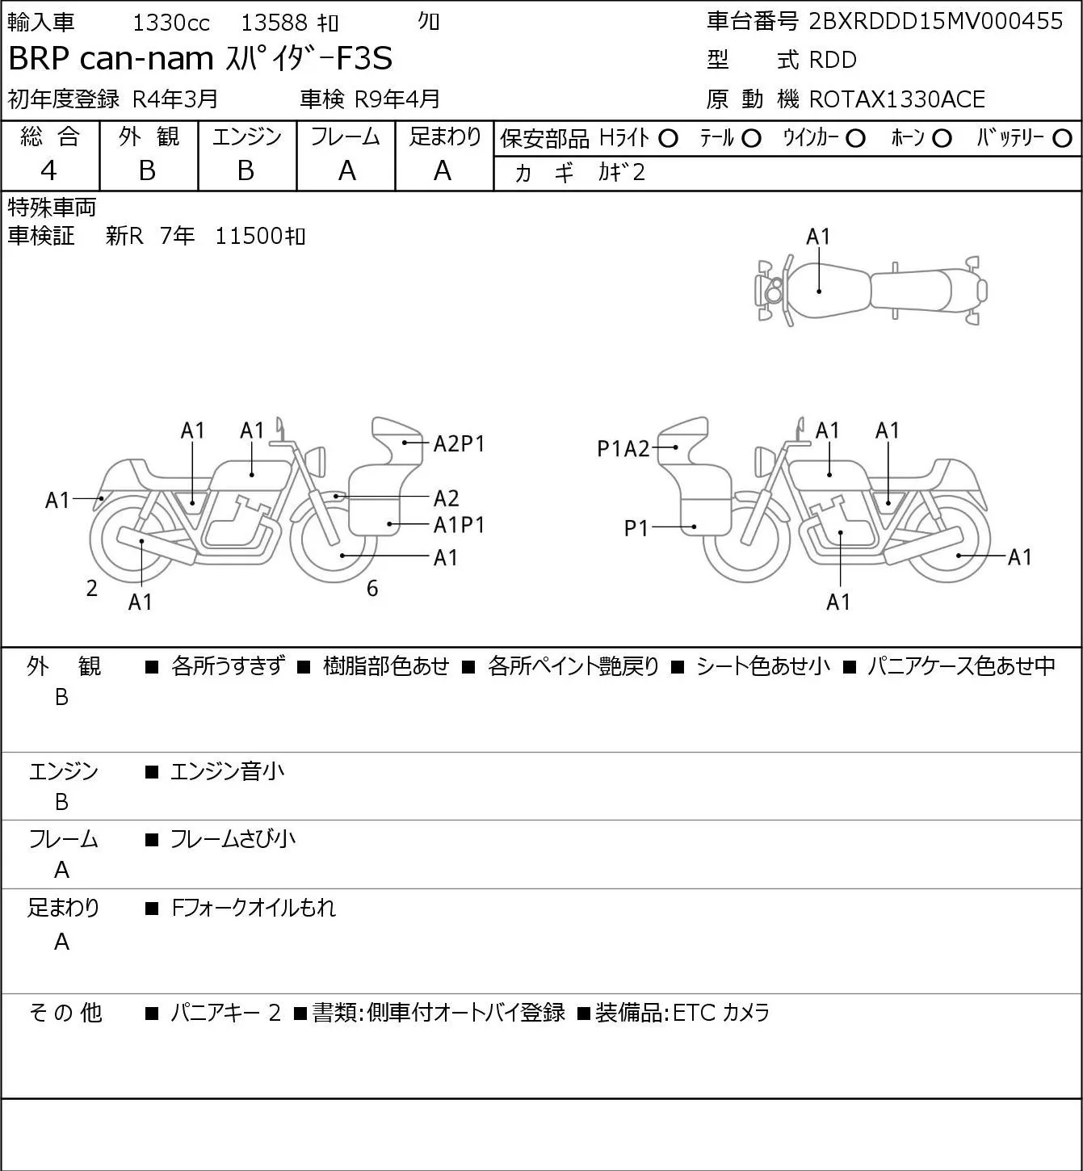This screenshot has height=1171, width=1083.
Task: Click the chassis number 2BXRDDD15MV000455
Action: click(935, 21)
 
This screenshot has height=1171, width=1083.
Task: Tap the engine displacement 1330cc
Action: click(171, 23)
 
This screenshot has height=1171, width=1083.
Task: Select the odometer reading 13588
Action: click(275, 23)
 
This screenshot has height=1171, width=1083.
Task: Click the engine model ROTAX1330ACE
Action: click(896, 99)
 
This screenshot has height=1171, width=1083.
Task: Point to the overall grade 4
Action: click(49, 171)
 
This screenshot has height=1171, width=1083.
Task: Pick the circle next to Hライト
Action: click(668, 139)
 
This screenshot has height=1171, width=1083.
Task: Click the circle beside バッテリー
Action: click(1062, 139)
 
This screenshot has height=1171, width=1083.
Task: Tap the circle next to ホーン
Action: click(942, 139)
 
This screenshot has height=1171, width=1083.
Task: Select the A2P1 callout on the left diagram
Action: click(459, 443)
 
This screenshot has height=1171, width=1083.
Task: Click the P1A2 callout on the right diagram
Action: click(623, 449)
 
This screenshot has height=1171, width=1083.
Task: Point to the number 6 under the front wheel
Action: click(372, 588)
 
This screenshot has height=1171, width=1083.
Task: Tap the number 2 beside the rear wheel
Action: click(91, 588)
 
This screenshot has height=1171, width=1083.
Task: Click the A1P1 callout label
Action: click(459, 525)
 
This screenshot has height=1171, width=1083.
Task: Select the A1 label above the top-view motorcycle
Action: click(818, 237)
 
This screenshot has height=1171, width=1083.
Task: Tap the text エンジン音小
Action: click(228, 771)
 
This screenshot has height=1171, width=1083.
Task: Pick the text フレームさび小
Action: click(233, 839)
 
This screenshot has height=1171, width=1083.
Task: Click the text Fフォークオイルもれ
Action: click(254, 908)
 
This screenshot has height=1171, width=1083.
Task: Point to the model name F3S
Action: click(364, 58)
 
